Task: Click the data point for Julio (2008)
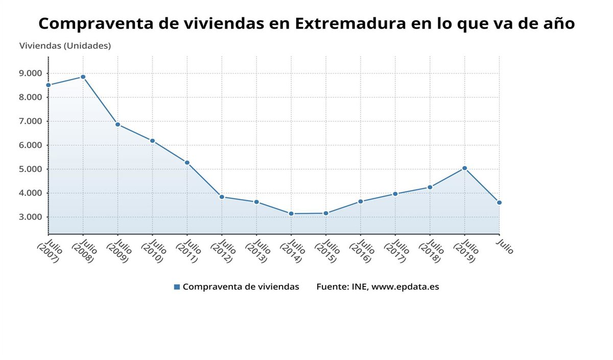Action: pyautogui.click(x=83, y=77)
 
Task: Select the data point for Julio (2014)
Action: pyautogui.click(x=291, y=213)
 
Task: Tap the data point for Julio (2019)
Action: pyautogui.click(x=464, y=168)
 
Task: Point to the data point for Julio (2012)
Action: pyautogui.click(x=222, y=197)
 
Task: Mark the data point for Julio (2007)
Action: pyautogui.click(x=49, y=85)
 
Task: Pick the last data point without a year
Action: pyautogui.click(x=499, y=203)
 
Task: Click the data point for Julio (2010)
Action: pyautogui.click(x=152, y=141)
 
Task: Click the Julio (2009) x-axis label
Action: pyautogui.click(x=118, y=251)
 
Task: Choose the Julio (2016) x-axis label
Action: pyautogui.click(x=361, y=251)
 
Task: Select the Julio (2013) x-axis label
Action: pyautogui.click(x=257, y=251)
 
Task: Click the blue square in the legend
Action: pyautogui.click(x=177, y=287)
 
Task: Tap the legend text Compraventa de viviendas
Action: pyautogui.click(x=241, y=287)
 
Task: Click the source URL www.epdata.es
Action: pyautogui.click(x=405, y=287)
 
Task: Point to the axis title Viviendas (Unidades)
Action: pyautogui.click(x=65, y=45)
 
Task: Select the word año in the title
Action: pyautogui.click(x=557, y=23)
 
